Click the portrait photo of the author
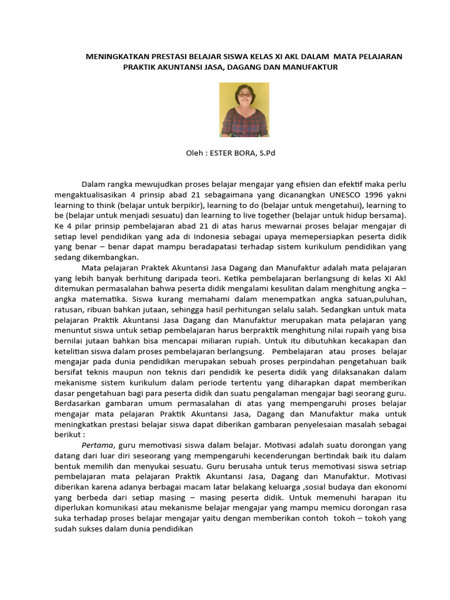244,110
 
